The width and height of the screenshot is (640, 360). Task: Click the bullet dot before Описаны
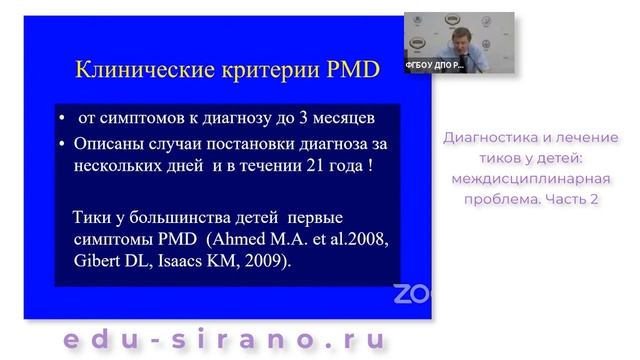(63, 144)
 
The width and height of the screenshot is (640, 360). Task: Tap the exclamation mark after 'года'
(371, 166)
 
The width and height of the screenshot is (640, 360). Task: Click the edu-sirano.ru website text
(226, 339)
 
